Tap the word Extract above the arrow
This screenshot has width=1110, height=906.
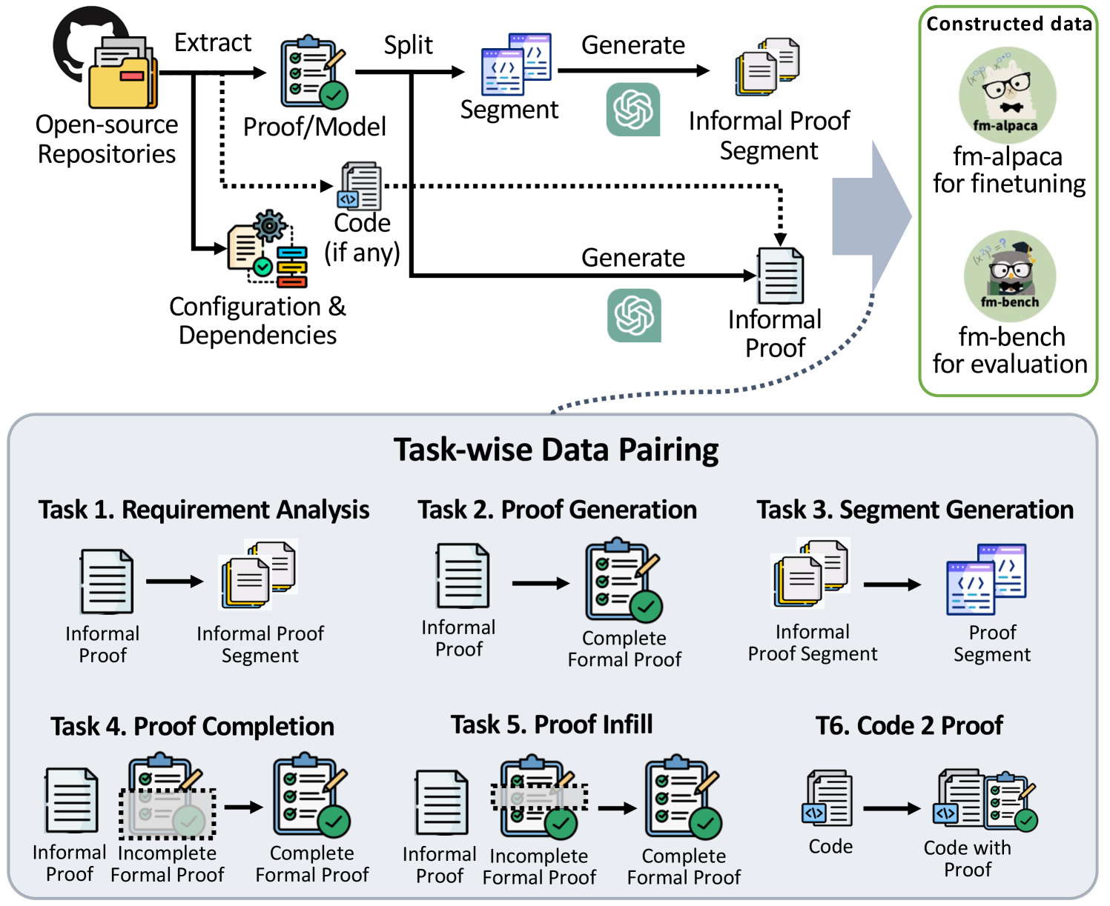coord(213,43)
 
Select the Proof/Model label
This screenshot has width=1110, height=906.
coord(314,127)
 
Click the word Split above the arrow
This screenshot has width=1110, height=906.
coord(408,45)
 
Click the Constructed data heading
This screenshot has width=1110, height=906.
coord(1008,24)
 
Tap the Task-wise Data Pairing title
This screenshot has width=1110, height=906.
coord(556,450)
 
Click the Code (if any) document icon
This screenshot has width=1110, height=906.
coord(361,186)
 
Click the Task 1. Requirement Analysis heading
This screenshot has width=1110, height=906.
coord(204,510)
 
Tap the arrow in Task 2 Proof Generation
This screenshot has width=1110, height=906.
coord(540,584)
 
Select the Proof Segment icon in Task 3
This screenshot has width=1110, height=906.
coord(986,579)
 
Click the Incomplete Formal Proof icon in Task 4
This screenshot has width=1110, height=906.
coord(168,798)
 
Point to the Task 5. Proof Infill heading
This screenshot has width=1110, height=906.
coord(552,725)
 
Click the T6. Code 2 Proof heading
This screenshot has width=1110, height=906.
coord(909,725)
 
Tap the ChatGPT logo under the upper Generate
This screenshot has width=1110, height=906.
coord(633,110)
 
